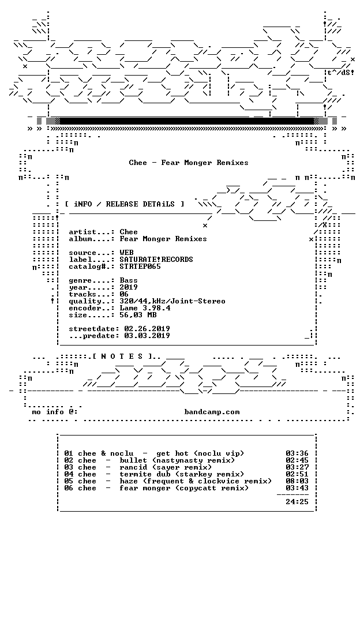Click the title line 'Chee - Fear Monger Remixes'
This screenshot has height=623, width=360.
(189, 163)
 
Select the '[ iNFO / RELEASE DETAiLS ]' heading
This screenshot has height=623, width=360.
(125, 204)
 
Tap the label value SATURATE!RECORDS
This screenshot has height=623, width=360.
(156, 260)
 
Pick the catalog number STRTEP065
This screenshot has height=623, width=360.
(140, 267)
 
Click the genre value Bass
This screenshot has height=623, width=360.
(129, 280)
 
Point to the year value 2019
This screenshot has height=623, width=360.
(129, 287)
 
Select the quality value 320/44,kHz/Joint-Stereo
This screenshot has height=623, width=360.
(172, 301)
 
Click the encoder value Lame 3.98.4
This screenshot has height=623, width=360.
(145, 308)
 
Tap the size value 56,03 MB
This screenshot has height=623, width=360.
(138, 315)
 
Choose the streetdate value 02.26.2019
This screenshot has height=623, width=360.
(147, 329)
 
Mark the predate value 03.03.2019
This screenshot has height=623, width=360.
(147, 336)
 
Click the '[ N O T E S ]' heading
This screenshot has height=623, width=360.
(122, 356)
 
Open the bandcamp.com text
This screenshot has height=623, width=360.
(212, 412)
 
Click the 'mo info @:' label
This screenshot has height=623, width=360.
(55, 412)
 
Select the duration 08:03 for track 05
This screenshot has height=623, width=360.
(297, 481)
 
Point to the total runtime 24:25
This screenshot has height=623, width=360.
(297, 502)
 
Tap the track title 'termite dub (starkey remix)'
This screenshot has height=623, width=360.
(182, 474)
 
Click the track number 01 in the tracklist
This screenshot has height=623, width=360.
(69, 453)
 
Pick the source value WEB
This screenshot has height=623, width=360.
(126, 253)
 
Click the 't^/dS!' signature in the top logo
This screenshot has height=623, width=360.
(340, 73)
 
